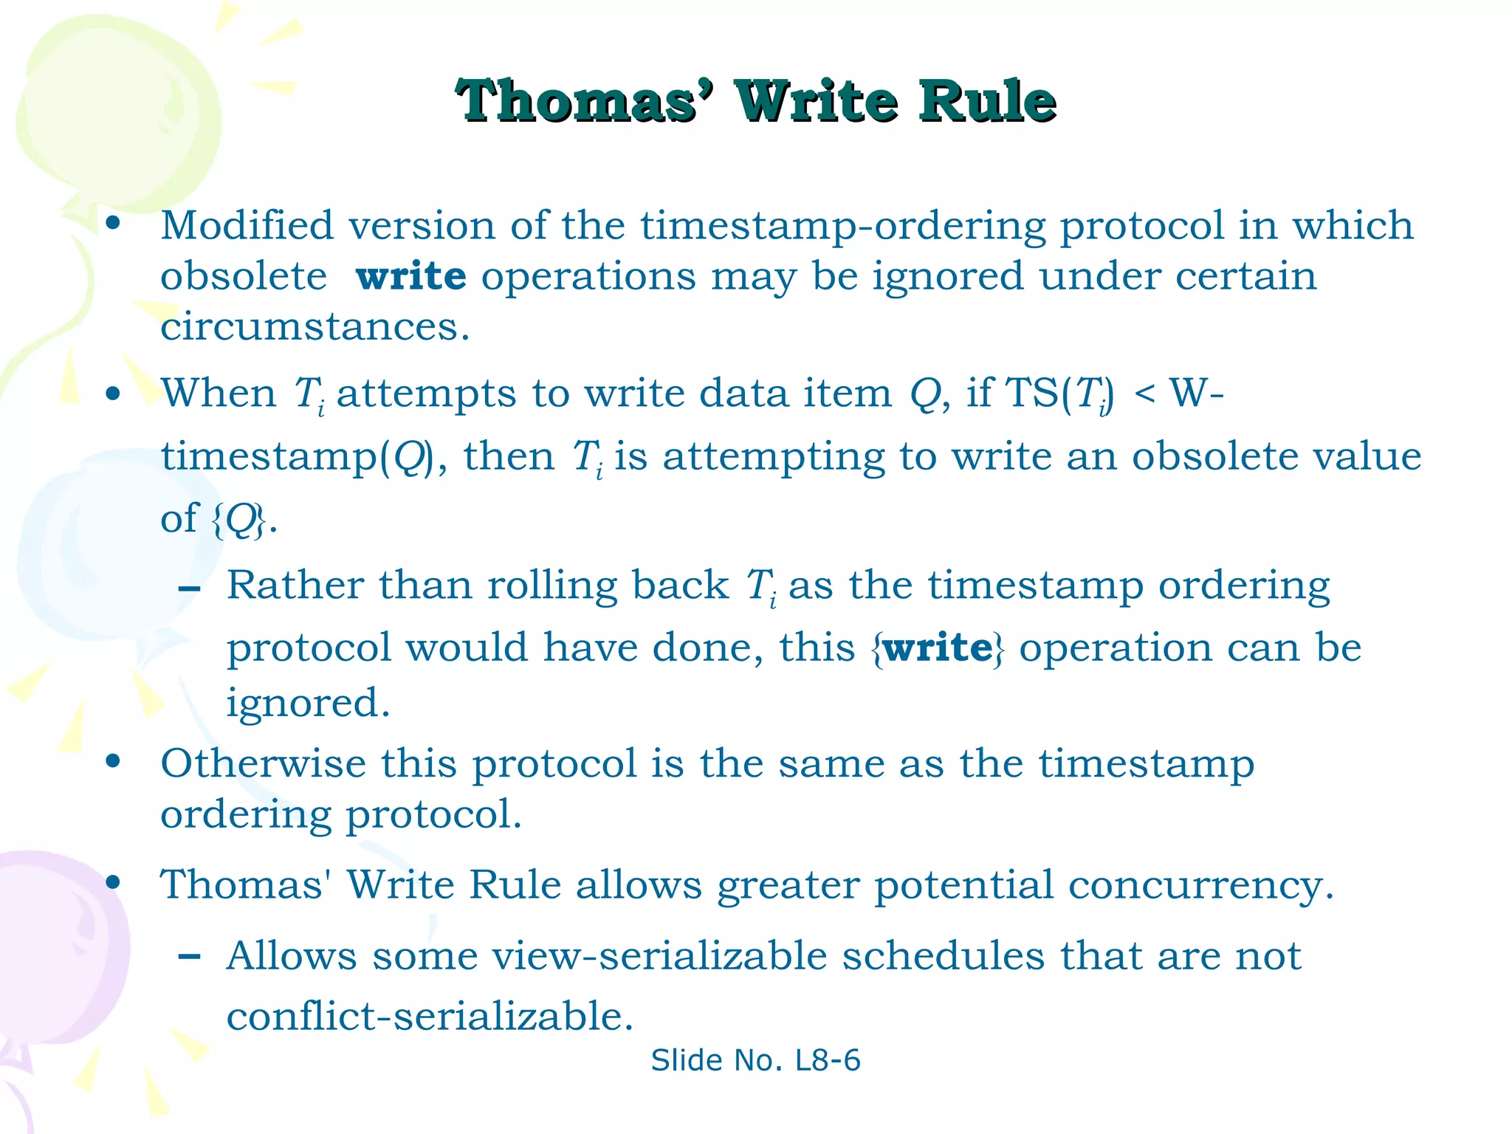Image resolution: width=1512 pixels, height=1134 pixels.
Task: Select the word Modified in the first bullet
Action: click(x=247, y=225)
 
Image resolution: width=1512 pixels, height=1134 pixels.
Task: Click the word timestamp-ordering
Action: click(x=842, y=227)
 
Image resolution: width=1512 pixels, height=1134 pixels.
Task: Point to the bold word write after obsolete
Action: click(x=410, y=276)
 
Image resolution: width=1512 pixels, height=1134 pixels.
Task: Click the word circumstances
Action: click(x=314, y=327)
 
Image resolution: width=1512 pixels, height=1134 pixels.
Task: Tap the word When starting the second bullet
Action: click(x=219, y=393)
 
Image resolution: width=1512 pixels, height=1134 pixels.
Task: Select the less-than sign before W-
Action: click(x=1144, y=393)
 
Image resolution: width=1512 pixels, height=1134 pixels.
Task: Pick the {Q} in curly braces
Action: click(x=238, y=520)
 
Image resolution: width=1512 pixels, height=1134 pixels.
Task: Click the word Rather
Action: click(x=295, y=585)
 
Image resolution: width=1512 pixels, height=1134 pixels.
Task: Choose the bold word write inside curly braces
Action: click(x=938, y=648)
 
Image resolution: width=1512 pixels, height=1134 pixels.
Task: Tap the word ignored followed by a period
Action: click(x=307, y=703)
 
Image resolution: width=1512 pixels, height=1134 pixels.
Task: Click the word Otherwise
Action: click(x=263, y=763)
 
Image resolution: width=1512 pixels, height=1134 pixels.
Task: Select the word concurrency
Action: click(x=1200, y=885)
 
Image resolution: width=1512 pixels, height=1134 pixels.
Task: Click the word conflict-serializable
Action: click(x=429, y=1017)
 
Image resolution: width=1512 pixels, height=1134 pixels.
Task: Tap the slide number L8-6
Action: click(x=828, y=1060)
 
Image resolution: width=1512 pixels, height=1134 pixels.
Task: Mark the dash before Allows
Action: click(x=190, y=957)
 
